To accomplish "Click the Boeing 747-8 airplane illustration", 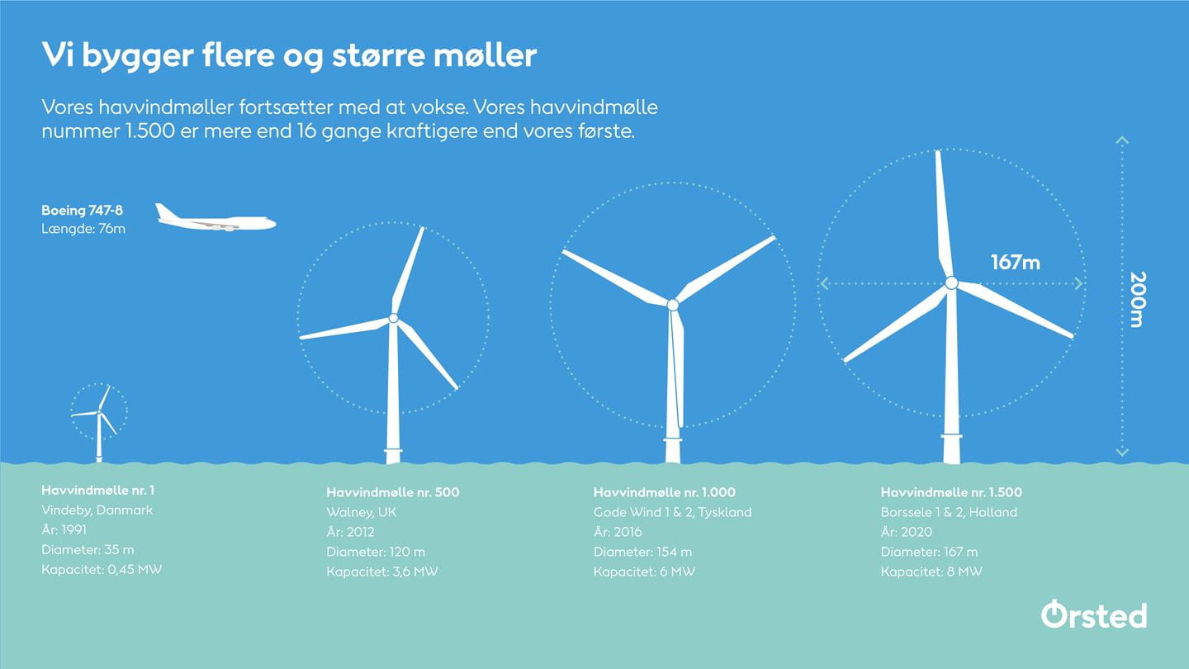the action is coord(216,218).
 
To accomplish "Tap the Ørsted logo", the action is coord(1093,614).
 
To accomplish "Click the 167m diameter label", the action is coord(1016,263).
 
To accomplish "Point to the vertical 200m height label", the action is coord(1138,300).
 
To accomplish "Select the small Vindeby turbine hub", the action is coord(99,412).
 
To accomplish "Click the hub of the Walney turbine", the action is coord(393,319).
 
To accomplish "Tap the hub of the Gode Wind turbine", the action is coord(672,305).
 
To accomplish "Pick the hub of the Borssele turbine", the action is coord(951,283).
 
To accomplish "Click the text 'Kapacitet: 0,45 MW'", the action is coord(102,570).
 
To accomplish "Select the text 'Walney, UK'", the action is coord(361,512).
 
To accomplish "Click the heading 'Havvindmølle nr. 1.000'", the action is coord(664,492).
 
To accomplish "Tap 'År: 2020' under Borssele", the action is coord(906,532).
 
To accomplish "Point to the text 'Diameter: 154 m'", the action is coord(642,552).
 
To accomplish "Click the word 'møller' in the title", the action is coord(486,55).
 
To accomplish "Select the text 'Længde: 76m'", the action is coord(83,229).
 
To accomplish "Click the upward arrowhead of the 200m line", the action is coord(1121,140).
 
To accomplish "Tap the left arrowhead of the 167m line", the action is coord(824,284).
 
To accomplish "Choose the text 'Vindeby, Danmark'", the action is coord(97,510).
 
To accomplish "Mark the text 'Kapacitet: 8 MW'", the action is coord(931,572).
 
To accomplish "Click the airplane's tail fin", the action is coord(163,211).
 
